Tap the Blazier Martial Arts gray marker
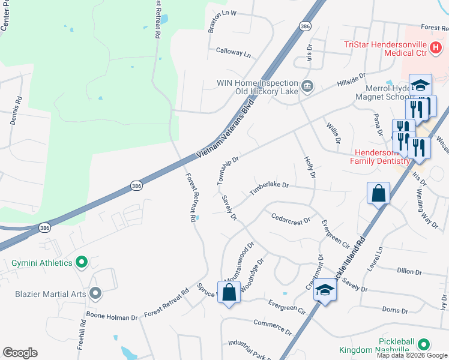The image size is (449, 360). click(x=95, y=293)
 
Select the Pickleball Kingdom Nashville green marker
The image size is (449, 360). click(x=424, y=344)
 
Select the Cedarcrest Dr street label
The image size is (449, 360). click(x=291, y=218)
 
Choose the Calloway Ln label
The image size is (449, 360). click(x=233, y=53)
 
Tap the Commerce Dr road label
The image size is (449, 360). click(x=273, y=328)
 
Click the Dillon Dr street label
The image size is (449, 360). click(x=410, y=271)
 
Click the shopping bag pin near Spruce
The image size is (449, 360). click(x=229, y=293)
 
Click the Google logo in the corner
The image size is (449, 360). click(x=20, y=353)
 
